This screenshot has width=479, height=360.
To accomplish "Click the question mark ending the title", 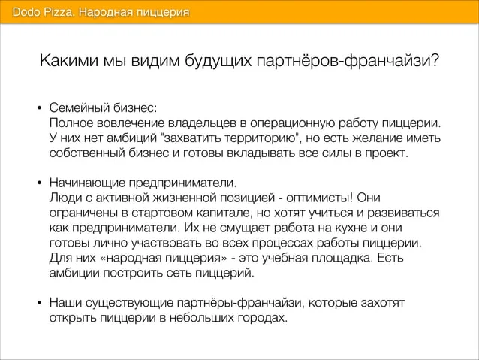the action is (435, 60).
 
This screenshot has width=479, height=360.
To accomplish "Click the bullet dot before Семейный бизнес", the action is (39, 108).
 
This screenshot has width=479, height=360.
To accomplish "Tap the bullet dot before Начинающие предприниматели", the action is (39, 183).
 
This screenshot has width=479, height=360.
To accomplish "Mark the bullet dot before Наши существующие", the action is (39, 303).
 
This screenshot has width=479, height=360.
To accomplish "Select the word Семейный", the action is (80, 107).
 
